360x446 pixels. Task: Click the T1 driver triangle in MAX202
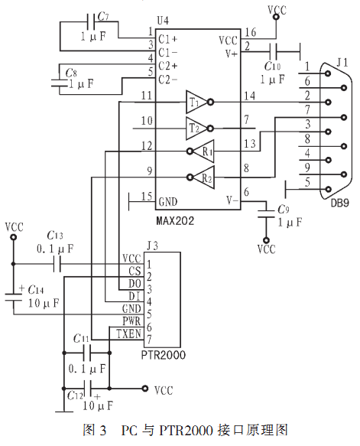tap(196, 102)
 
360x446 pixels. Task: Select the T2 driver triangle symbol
tap(196, 129)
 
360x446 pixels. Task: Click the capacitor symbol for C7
tap(91, 22)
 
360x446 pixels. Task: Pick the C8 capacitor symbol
tap(60, 83)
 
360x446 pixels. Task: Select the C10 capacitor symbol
tap(273, 52)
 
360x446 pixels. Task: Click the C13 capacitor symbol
tap(57, 264)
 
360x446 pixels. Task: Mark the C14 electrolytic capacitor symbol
tap(13, 297)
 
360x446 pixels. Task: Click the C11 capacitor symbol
tap(87, 353)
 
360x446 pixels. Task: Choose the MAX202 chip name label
tap(175, 221)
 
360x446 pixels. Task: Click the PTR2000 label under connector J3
tap(164, 355)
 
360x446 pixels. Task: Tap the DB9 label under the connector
tap(340, 203)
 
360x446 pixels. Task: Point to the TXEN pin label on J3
tap(128, 334)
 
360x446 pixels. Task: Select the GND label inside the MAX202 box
tap(168, 202)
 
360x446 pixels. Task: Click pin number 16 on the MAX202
tap(251, 32)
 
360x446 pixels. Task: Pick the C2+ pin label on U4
tap(167, 66)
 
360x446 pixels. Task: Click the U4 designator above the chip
tap(163, 21)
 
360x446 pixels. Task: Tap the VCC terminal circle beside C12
tap(145, 389)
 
